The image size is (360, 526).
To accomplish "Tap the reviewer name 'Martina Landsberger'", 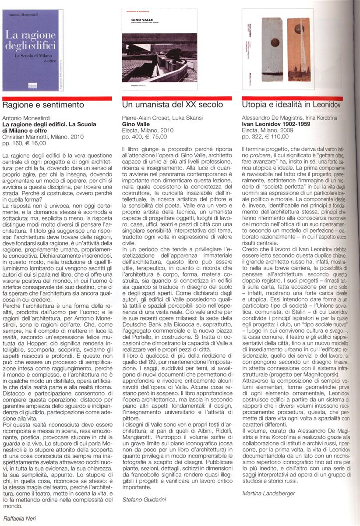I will pyautogui.click(x=269, y=493).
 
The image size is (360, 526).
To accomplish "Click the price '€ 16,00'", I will pyautogui.click(x=35, y=143).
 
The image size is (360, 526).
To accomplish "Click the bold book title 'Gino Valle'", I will pyautogui.click(x=134, y=124).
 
